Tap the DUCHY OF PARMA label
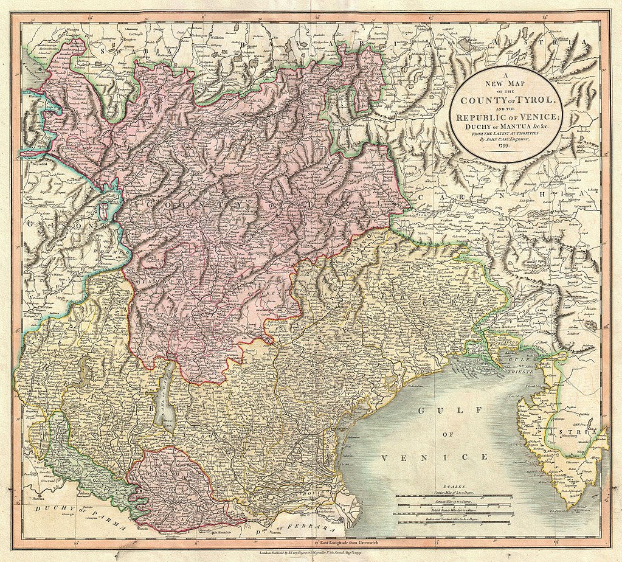pos(67,515)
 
